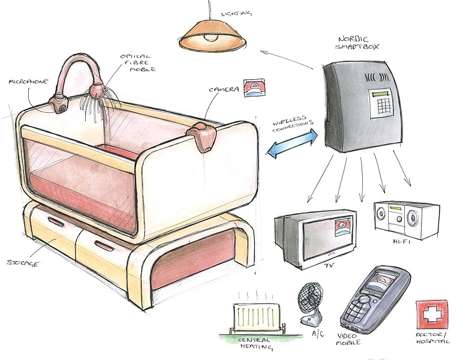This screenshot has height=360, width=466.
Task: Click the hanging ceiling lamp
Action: click(212, 38)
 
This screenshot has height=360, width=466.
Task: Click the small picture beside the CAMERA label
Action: click(251, 88)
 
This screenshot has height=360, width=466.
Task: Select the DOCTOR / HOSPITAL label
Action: click(432, 338)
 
